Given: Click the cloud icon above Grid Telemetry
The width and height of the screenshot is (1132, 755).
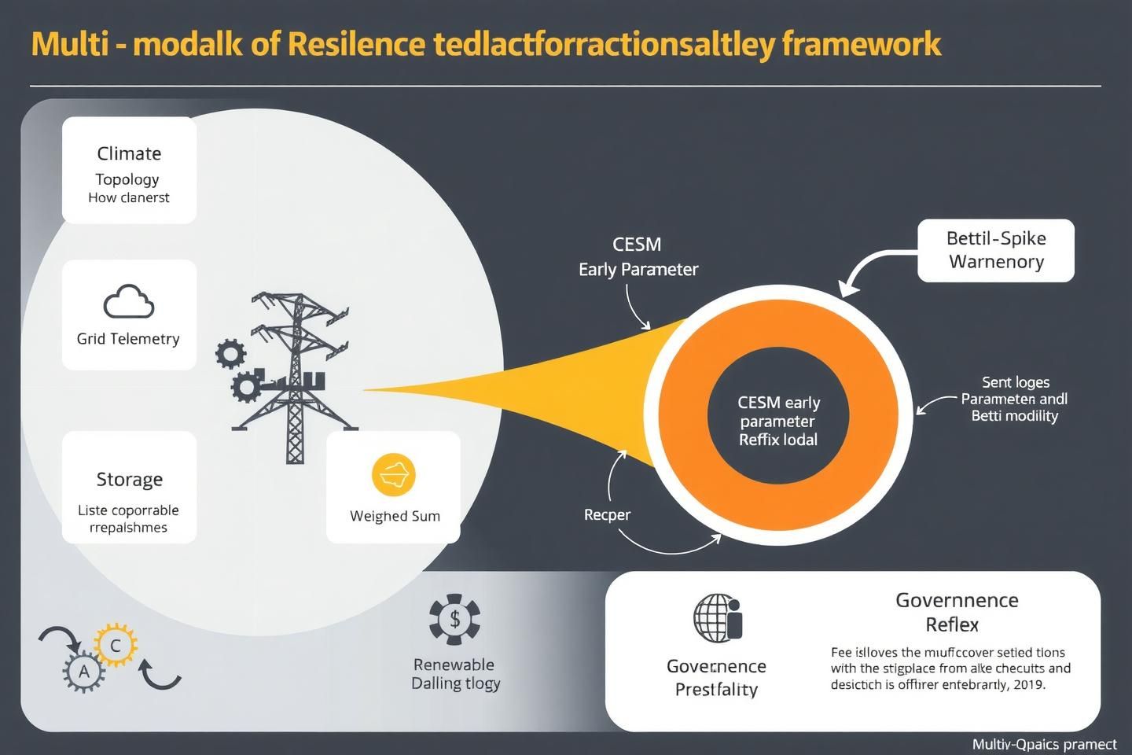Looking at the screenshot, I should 128,302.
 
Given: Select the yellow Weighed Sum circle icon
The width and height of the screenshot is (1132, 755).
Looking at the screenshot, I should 393,475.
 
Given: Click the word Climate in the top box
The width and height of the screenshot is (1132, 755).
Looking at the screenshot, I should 129,153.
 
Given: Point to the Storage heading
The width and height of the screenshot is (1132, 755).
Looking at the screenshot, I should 129,479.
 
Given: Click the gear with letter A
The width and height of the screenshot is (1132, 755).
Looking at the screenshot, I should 83,672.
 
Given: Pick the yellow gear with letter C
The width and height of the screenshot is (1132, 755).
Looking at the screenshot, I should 116,646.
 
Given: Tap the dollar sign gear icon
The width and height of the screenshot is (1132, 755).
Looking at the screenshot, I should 454,619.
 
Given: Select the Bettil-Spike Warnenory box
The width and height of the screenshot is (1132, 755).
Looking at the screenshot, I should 995,250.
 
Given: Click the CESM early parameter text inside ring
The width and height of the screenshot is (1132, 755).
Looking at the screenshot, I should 778,421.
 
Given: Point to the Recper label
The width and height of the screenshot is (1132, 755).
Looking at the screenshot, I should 607,514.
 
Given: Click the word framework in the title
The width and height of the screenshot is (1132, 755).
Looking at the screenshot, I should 862,44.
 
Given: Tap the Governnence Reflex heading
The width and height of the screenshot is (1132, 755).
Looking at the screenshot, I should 957,612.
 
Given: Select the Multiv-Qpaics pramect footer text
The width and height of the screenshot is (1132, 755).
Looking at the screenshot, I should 1044,744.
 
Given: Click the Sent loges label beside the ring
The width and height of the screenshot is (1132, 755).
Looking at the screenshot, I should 1016,382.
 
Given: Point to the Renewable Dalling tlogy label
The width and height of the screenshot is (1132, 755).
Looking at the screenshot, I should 454,674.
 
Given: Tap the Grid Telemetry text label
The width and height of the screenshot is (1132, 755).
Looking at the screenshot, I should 128,339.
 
